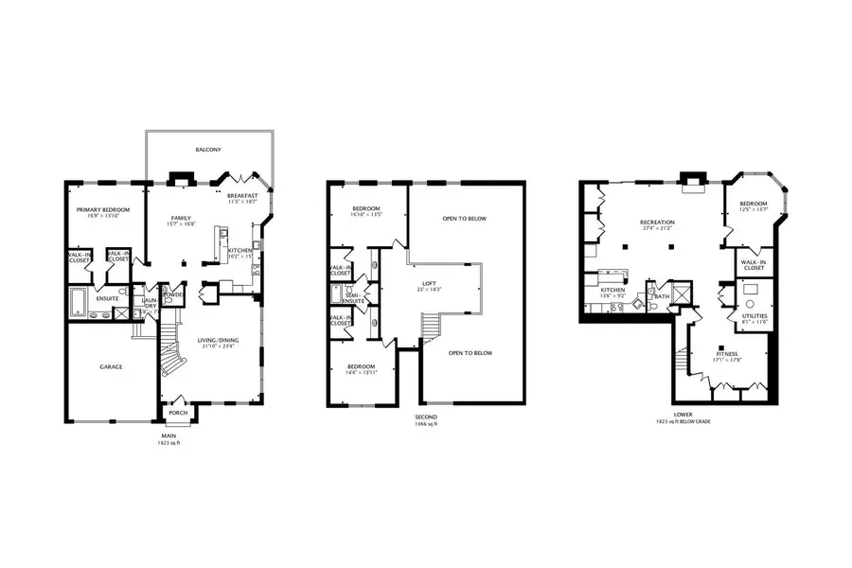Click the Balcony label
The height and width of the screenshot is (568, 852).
(x=208, y=151)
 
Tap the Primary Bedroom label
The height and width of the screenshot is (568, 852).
(x=103, y=209)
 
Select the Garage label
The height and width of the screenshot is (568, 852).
(x=112, y=366)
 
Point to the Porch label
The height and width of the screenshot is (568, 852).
(x=177, y=413)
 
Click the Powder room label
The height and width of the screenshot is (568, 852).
(x=173, y=294)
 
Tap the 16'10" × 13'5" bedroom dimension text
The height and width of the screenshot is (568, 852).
(x=366, y=215)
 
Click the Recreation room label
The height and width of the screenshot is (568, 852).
(x=657, y=222)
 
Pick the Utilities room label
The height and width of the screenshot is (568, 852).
(x=754, y=316)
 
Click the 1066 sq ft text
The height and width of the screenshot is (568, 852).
(x=425, y=423)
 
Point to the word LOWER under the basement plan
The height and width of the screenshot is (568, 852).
(x=683, y=414)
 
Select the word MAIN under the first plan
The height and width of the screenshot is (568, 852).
(x=169, y=435)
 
